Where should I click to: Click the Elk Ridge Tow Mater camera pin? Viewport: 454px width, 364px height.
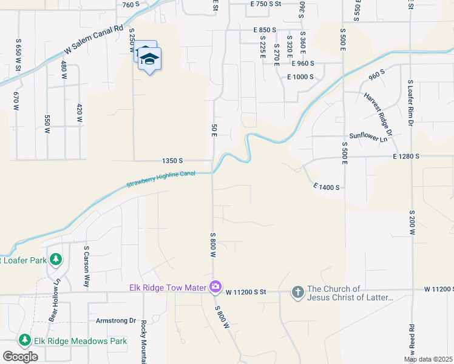click(215, 287)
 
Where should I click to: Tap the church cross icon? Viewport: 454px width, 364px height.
click(297, 292)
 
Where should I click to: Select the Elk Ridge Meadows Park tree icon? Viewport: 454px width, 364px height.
click(25, 341)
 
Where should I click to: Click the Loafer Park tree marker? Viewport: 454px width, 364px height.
click(56, 260)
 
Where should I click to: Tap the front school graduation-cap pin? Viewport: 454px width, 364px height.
click(149, 59)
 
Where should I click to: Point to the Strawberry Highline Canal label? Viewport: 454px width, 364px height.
click(161, 179)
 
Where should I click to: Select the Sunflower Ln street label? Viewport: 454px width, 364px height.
click(368, 138)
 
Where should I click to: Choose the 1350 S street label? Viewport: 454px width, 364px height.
click(172, 161)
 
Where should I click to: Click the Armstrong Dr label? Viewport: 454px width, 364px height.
click(116, 320)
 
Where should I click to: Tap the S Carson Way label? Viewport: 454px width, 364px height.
click(87, 266)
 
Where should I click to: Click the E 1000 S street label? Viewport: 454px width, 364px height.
click(300, 76)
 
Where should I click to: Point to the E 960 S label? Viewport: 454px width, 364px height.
click(302, 63)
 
